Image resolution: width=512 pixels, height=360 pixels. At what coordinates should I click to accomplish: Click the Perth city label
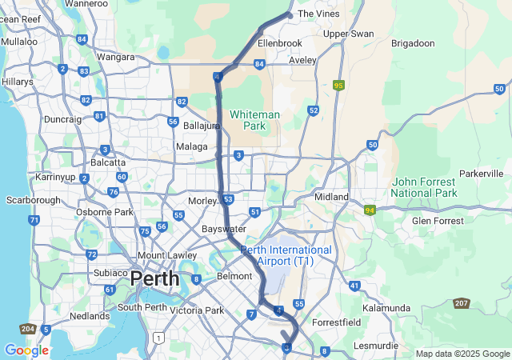(x=155, y=278)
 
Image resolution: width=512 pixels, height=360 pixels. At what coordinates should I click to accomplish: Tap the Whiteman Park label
(x=254, y=120)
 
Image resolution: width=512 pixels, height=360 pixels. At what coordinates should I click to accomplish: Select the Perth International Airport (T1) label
(x=286, y=255)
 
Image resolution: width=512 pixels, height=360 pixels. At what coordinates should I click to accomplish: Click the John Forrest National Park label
(x=424, y=187)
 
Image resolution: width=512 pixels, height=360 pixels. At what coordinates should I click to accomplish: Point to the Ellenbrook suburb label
(x=280, y=42)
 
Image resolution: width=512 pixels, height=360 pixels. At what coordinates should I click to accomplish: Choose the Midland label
(x=331, y=197)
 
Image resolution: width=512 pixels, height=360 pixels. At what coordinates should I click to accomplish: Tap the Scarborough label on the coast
(x=33, y=199)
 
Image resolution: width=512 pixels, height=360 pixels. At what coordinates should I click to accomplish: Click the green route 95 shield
(x=339, y=85)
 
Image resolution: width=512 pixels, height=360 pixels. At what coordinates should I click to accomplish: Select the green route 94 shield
(x=369, y=210)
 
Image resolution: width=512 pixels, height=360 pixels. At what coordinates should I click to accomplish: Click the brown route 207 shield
(x=462, y=303)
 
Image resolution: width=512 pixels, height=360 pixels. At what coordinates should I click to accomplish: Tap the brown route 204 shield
(x=26, y=330)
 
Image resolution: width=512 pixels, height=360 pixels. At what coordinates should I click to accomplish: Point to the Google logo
(x=26, y=350)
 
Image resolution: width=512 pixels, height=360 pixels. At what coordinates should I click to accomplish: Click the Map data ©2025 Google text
(x=462, y=354)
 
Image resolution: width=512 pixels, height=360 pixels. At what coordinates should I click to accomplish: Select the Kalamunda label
(x=386, y=308)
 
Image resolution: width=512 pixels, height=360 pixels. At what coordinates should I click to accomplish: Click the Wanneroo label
(x=86, y=4)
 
